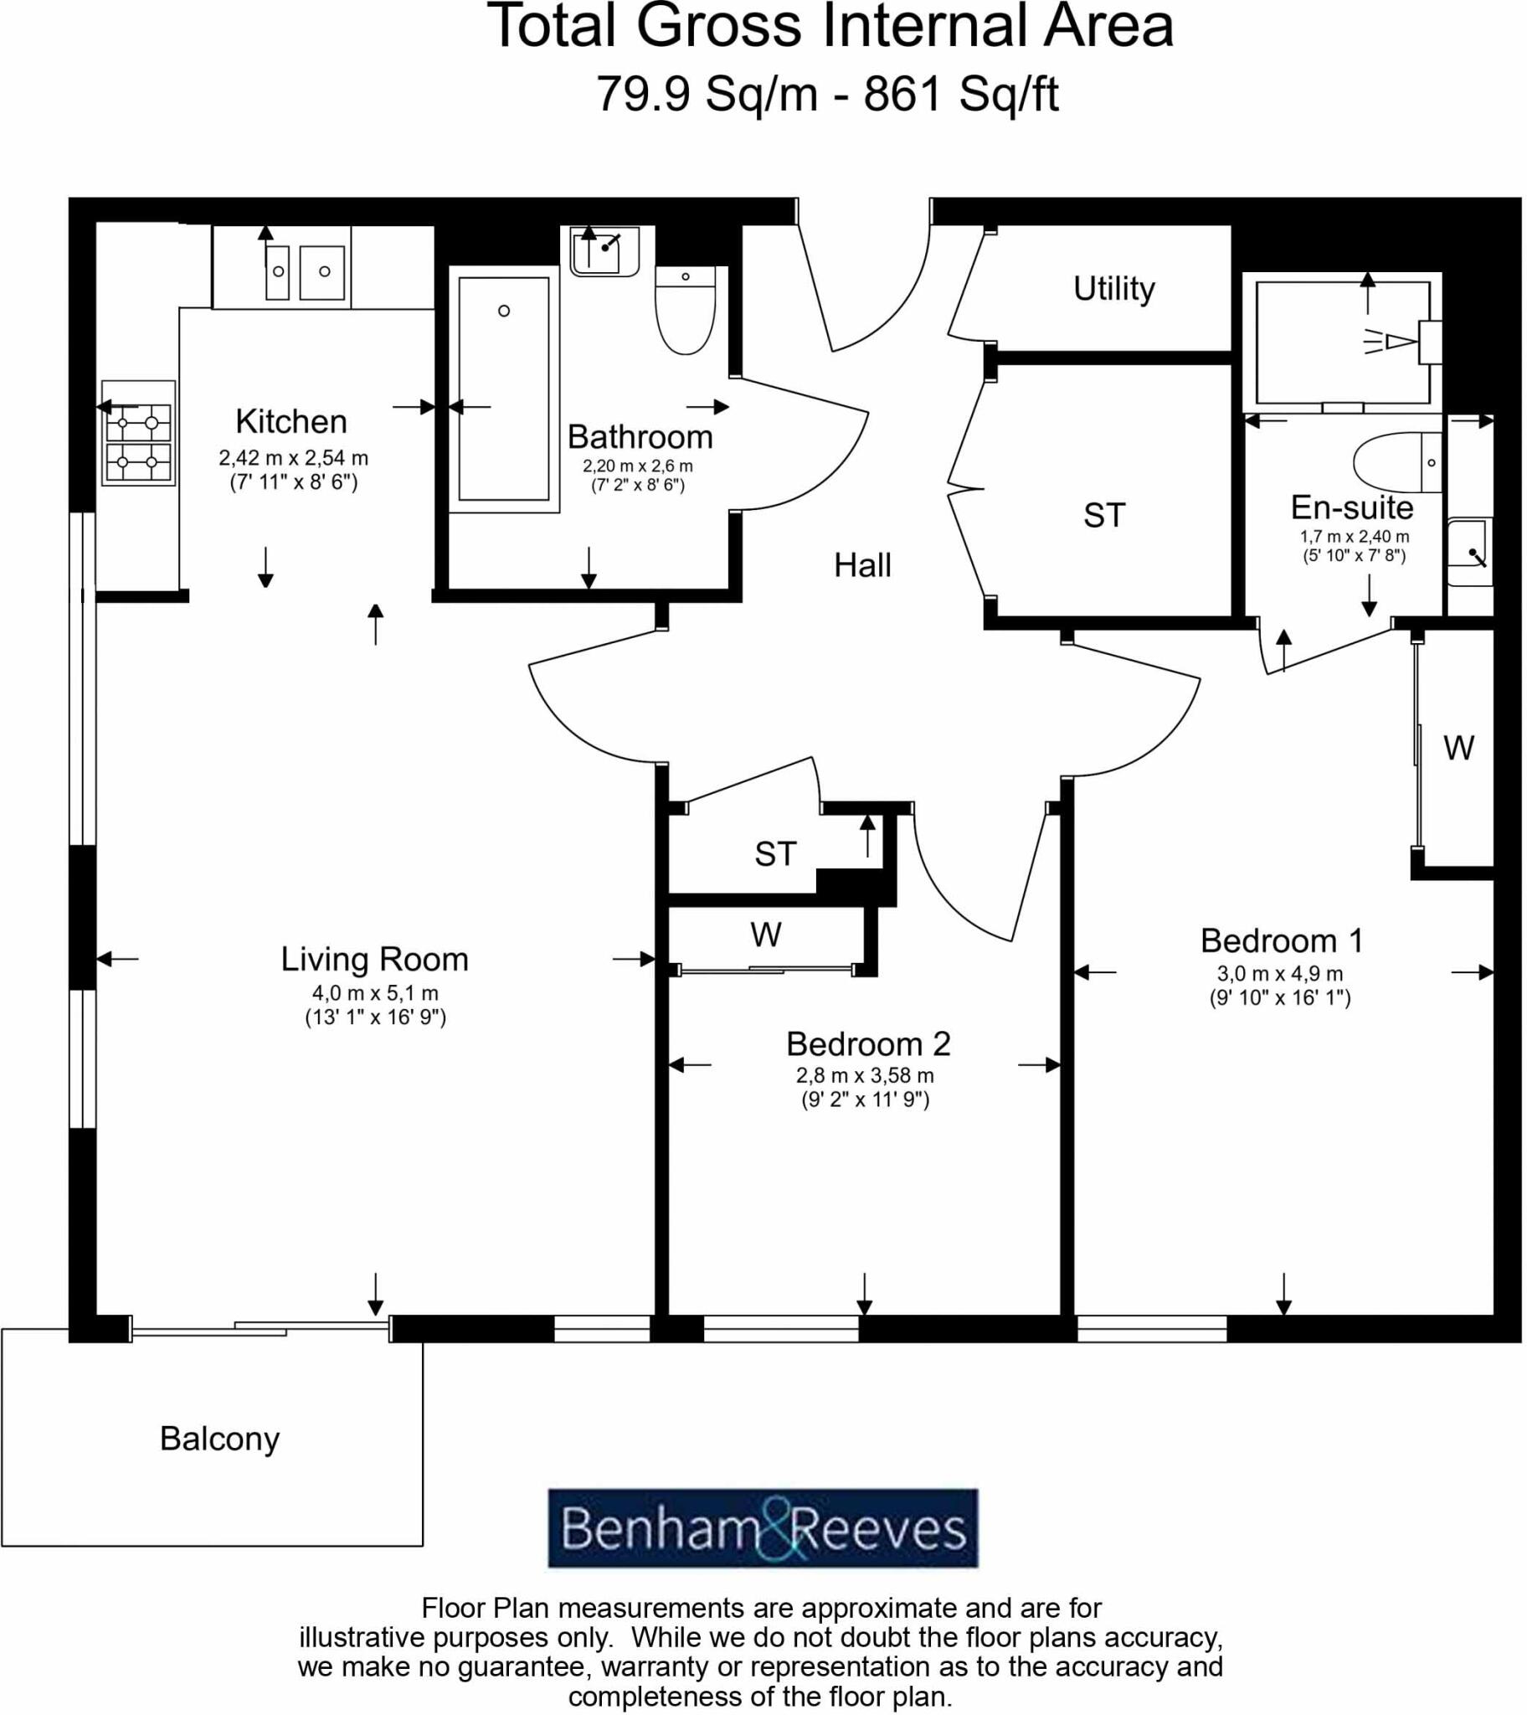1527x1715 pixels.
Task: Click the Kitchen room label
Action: point(291,421)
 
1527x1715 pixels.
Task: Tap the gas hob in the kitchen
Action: point(138,433)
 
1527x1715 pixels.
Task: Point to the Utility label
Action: point(1113,289)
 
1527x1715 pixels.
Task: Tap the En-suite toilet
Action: point(1397,462)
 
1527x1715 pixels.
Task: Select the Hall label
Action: point(861,565)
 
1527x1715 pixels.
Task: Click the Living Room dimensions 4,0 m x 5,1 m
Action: point(375,992)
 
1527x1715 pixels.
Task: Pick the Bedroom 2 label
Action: point(867,1043)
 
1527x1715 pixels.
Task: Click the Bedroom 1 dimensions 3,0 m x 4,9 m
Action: point(1279,973)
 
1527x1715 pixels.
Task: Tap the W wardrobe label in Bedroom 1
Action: point(1458,748)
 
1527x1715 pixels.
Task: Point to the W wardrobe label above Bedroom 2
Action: point(765,934)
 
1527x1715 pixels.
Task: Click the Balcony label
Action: point(219,1439)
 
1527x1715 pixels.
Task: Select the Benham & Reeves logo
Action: point(763,1528)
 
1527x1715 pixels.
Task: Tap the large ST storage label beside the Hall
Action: point(1103,515)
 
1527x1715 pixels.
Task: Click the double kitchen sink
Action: point(305,272)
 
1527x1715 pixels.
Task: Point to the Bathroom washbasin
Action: point(604,250)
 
